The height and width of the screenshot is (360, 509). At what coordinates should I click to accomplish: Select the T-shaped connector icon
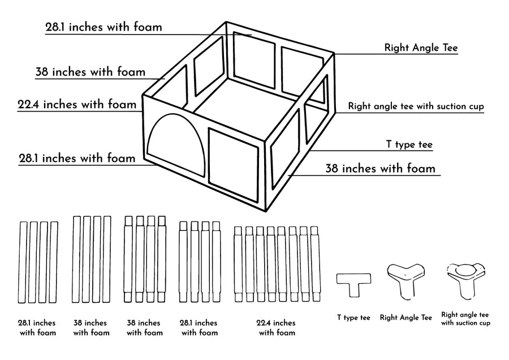pyautogui.click(x=354, y=284)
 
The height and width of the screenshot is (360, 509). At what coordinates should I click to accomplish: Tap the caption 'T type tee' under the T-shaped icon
pyautogui.click(x=353, y=318)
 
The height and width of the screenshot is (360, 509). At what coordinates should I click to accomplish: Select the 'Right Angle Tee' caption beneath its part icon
pyautogui.click(x=406, y=318)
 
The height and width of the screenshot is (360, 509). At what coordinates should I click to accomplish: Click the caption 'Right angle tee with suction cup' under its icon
pyautogui.click(x=465, y=319)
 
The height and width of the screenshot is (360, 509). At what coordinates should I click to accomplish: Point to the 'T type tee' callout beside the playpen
pyautogui.click(x=409, y=145)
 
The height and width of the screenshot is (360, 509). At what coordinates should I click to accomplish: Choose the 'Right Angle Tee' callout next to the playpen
pyautogui.click(x=421, y=48)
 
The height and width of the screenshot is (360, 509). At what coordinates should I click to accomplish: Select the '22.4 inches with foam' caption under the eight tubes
pyautogui.click(x=276, y=327)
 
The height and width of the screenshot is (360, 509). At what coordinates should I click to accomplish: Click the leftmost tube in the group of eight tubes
pyautogui.click(x=238, y=264)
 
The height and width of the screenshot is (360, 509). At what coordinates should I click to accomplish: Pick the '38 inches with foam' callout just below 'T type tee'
pyautogui.click(x=380, y=169)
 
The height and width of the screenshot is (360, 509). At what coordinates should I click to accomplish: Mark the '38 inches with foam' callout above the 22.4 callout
pyautogui.click(x=90, y=72)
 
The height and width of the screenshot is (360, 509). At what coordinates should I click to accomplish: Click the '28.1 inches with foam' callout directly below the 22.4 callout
pyautogui.click(x=77, y=158)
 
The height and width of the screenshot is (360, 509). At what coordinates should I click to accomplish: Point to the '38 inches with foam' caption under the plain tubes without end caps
pyautogui.click(x=90, y=327)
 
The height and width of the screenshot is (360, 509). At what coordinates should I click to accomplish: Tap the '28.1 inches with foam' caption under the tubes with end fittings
pyautogui.click(x=199, y=327)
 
